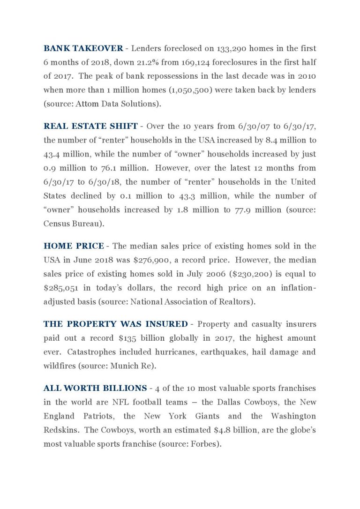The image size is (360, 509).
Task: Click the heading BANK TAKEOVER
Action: click(x=83, y=48)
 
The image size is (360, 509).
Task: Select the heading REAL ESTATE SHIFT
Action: click(x=90, y=126)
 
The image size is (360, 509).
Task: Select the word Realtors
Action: click(x=237, y=302)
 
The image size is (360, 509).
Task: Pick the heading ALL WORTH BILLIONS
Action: click(x=95, y=388)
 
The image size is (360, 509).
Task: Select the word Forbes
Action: click(x=205, y=444)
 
